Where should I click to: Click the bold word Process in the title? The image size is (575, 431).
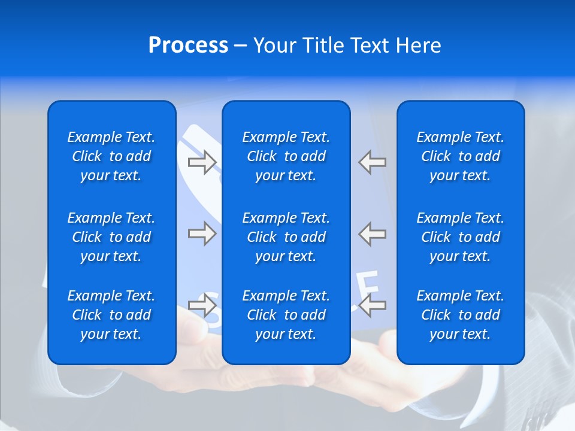coord(188,45)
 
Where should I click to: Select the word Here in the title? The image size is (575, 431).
coord(417,45)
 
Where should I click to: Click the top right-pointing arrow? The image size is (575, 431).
coord(202,162)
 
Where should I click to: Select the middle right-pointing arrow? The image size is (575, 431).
coord(202,233)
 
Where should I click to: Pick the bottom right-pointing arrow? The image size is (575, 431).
coord(202,305)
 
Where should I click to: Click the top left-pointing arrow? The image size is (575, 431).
coord(373,162)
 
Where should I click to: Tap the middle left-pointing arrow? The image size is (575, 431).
coord(373,233)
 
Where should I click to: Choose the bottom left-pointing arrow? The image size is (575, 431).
coord(373,305)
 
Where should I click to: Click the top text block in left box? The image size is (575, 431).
coord(111,156)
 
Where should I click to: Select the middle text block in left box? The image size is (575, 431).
coord(111,237)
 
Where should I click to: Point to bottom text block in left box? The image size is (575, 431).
coord(111,315)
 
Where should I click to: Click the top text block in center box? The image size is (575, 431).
coord(286,156)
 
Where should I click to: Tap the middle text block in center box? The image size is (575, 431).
coord(286,237)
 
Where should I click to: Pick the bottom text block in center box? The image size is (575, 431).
coord(286,315)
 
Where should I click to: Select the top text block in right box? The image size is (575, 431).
coord(460,156)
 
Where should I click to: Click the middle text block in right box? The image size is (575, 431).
coord(460,237)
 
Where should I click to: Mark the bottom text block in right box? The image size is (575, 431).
coord(460,315)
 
